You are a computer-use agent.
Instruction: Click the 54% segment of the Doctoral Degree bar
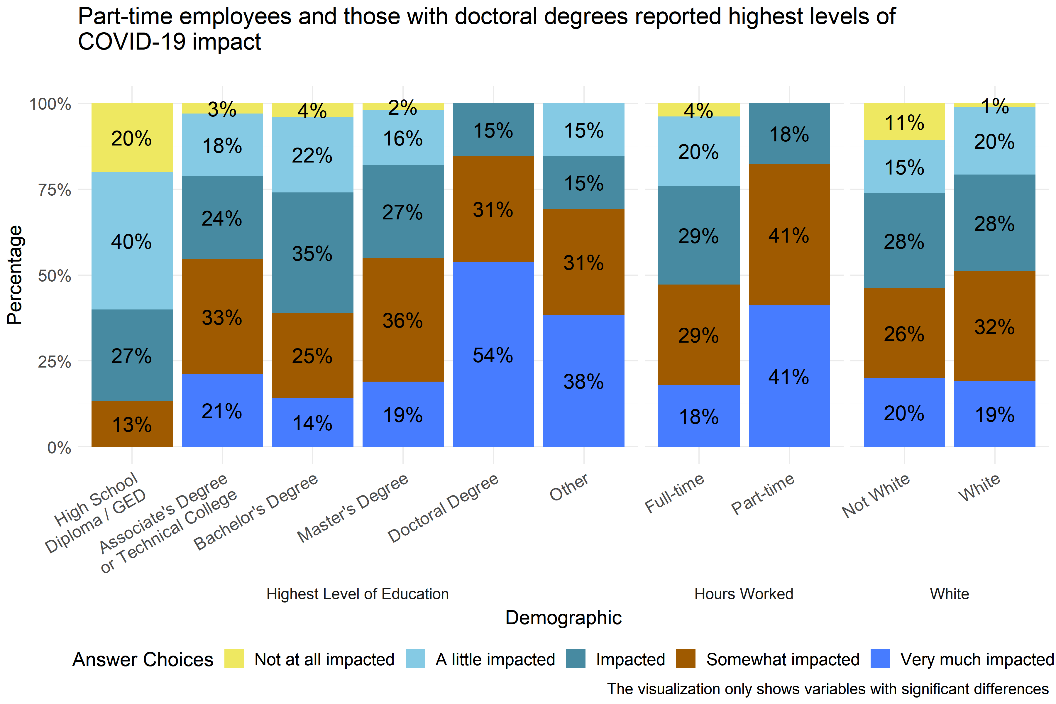493,354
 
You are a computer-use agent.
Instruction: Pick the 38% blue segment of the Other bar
584,381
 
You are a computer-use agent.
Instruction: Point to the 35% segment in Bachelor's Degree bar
312,253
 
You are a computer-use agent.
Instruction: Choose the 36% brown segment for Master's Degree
403,320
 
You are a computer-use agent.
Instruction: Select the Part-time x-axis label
763,494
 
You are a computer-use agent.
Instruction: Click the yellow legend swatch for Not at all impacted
234,659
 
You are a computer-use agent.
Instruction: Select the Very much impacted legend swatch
880,659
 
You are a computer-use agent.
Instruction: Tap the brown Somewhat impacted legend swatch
686,659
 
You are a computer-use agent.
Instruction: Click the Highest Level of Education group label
357,594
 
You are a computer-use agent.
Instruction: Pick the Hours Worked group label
744,594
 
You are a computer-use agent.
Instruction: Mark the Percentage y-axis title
15,275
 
